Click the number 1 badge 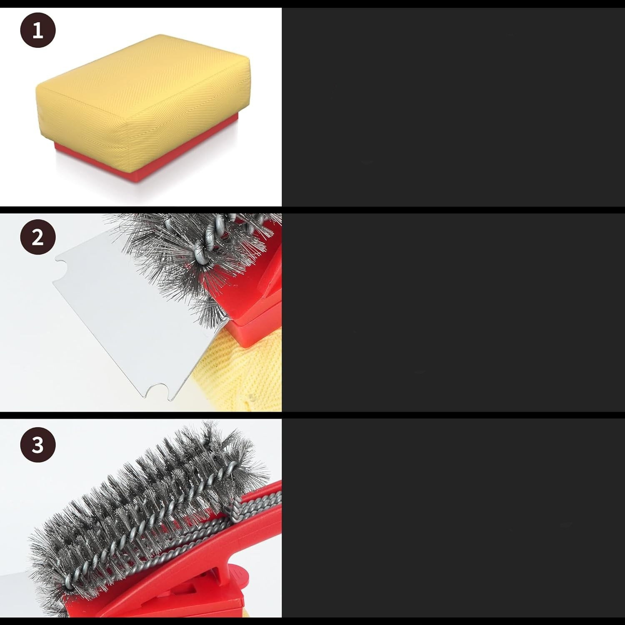click(38, 30)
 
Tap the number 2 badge click(38, 237)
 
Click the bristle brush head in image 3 click(146, 512)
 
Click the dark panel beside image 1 click(453, 107)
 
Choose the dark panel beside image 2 click(453, 313)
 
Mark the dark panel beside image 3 click(453, 518)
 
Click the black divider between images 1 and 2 click(312, 210)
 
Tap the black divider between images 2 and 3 click(312, 415)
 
